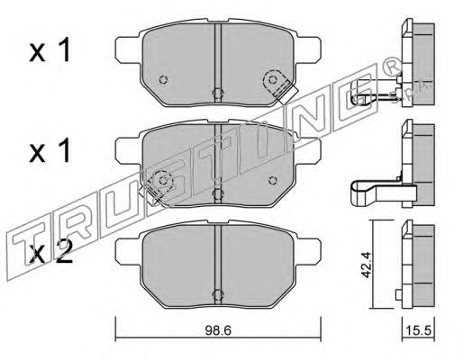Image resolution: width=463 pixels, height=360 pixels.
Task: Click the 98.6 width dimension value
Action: coord(218,331)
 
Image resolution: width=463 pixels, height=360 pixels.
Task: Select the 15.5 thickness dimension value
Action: coord(418,331)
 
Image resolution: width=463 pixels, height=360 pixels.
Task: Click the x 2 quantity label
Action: coord(51,253)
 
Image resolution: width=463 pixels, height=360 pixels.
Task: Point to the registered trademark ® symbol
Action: coord(392,67)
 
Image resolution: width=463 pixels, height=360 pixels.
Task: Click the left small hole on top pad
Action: coord(163,80)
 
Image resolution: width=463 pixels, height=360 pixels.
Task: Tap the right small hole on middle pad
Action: coord(273,181)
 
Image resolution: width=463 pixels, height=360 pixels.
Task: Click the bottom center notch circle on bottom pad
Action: coord(218,295)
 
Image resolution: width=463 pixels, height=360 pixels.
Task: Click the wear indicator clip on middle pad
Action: coord(158,186)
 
